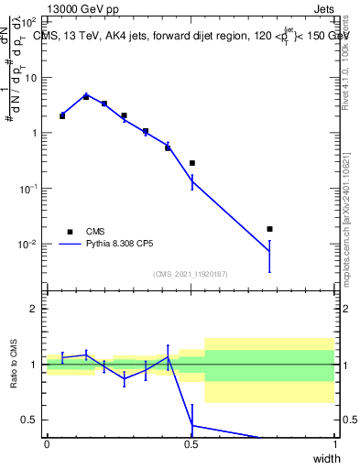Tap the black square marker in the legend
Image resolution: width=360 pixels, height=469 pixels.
pyautogui.click(x=69, y=232)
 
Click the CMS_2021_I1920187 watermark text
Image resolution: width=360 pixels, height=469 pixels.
pyautogui.click(x=191, y=274)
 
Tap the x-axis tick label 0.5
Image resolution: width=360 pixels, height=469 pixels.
pyautogui.click(x=191, y=444)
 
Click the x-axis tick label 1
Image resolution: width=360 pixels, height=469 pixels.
pyautogui.click(x=334, y=444)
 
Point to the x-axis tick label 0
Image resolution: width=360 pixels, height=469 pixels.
pyautogui.click(x=47, y=444)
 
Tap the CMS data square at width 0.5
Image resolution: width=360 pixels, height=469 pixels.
pyautogui.click(x=192, y=163)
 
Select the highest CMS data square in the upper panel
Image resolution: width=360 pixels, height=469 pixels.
pyautogui.click(x=86, y=96)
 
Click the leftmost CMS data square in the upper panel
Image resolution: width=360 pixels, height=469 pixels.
pyautogui.click(x=62, y=116)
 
